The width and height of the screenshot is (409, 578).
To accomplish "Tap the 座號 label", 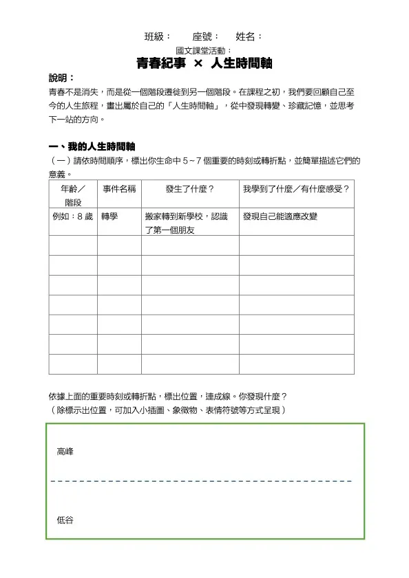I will (x=205, y=36).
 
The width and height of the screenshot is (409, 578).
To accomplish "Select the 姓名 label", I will (x=248, y=36).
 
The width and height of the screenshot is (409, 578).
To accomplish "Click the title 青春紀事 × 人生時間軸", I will (x=204, y=63).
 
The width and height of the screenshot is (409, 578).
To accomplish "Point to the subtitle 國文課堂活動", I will (x=204, y=50).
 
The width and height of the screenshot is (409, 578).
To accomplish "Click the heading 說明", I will (x=61, y=78).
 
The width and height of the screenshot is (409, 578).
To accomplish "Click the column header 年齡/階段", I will (x=73, y=195).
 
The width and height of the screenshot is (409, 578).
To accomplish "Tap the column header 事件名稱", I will (x=119, y=188).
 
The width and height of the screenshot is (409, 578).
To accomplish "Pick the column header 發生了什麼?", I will (x=190, y=188).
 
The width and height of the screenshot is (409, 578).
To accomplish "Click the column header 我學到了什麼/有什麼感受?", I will (x=296, y=188).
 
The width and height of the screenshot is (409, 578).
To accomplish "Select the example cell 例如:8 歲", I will (x=72, y=216).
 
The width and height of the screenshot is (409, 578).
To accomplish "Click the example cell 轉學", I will (x=109, y=216).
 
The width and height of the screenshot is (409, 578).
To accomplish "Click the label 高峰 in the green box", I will (x=65, y=452).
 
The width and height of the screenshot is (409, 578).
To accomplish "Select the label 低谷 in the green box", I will (x=65, y=520).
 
